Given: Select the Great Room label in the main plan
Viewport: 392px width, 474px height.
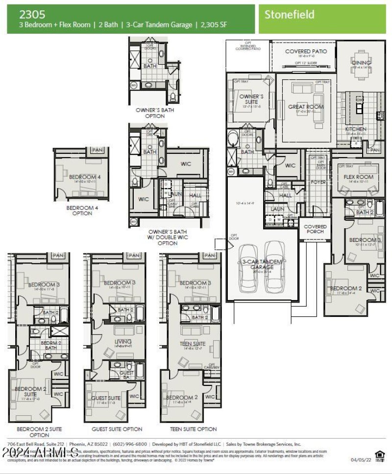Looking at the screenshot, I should tap(306, 107).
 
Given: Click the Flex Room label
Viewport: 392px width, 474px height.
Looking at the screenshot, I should tap(358, 177).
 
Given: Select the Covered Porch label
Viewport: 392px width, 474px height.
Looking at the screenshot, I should tap(315, 229).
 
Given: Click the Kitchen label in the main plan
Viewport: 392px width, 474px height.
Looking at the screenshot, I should tap(355, 129).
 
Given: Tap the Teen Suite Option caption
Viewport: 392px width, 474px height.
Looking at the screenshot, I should tap(193, 429).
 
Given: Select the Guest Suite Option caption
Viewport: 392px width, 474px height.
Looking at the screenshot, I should tap(117, 429).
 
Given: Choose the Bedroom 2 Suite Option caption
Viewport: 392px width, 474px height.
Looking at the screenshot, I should tap(39, 432).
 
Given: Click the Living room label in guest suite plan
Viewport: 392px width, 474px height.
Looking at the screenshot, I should tap(122, 342).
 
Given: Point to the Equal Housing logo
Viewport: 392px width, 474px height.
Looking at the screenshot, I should tap(379, 455).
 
